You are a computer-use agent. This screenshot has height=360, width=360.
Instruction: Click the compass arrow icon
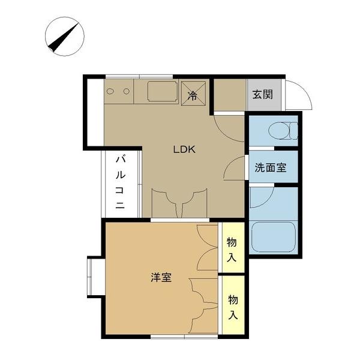[x=64, y=37]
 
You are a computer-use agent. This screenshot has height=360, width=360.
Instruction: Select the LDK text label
[x=185, y=150]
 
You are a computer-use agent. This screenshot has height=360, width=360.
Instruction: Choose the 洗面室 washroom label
[x=270, y=168]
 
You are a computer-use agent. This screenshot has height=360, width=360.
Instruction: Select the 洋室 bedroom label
[x=161, y=277]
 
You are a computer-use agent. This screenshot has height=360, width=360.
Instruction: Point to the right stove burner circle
[x=127, y=91]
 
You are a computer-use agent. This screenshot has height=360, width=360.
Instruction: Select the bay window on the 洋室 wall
[x=93, y=277]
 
